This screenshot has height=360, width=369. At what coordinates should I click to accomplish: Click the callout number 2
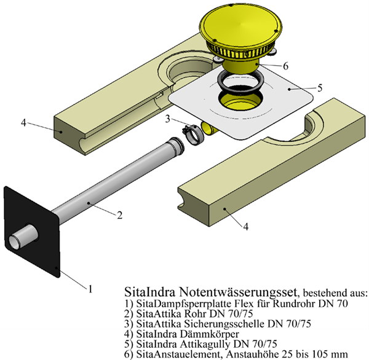tap(119, 215)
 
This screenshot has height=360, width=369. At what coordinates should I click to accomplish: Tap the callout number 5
tap(320, 87)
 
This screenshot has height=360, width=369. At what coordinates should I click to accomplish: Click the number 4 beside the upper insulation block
tap(24, 122)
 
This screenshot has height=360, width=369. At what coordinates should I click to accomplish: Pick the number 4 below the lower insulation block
tap(245, 227)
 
